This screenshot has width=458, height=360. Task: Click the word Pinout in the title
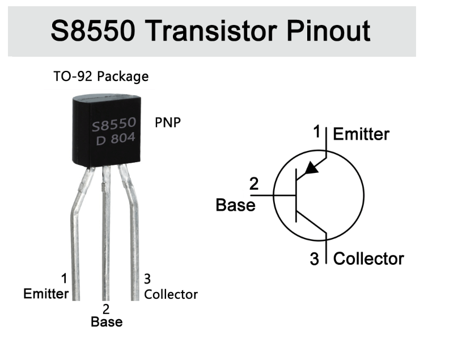328,31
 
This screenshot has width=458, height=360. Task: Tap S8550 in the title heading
93,31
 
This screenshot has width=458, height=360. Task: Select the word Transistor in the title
211,31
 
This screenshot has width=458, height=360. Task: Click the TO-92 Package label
101,77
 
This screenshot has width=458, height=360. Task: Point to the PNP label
168,122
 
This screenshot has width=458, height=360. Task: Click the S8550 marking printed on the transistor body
114,124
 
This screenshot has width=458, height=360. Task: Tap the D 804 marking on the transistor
116,138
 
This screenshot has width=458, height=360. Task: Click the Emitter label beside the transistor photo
46,294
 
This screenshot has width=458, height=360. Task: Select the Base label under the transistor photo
107,321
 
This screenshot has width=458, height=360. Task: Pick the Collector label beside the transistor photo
171,294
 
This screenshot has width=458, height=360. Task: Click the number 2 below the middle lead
106,309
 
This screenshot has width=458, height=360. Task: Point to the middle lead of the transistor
106,233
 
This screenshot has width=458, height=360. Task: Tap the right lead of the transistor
133,234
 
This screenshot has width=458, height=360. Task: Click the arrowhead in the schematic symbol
311,168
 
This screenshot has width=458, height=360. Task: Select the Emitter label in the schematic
361,134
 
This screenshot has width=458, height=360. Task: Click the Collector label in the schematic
368,259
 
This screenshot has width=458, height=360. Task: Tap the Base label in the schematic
235,205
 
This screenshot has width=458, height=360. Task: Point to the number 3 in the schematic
314,259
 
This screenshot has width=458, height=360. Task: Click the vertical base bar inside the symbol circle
296,195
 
